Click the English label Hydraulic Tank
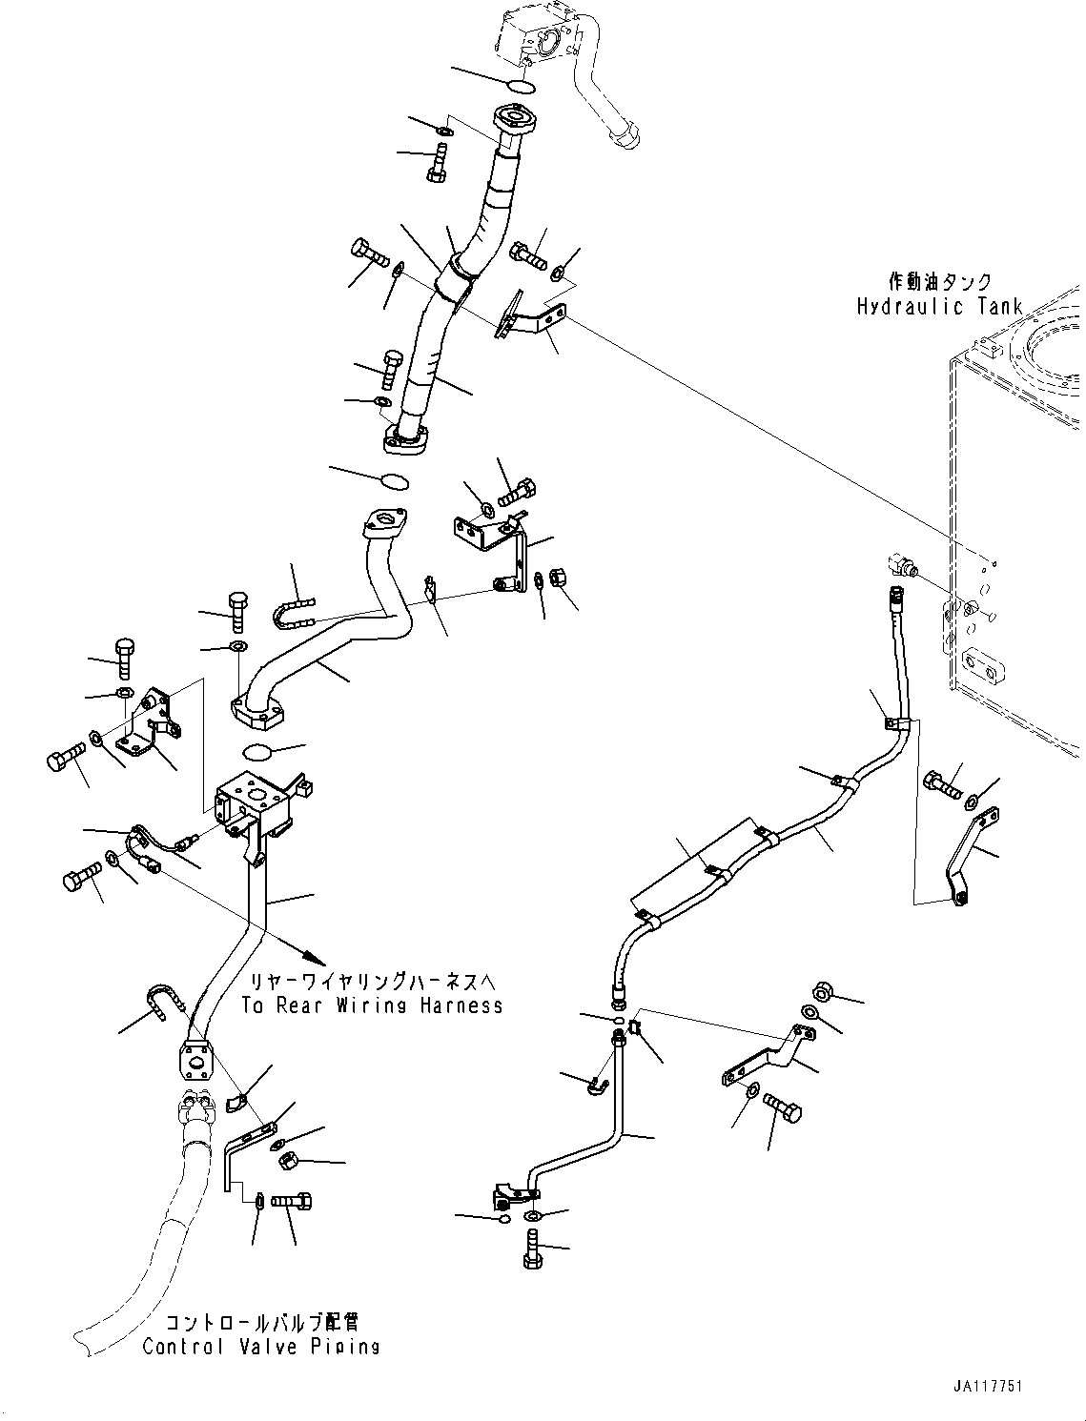pos(939,306)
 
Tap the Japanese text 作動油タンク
pos(939,282)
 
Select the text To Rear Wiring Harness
pos(372,1005)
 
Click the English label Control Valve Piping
pos(261,1346)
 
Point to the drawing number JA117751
pos(986,1386)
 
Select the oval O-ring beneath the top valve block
pos(521,87)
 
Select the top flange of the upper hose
pos(516,121)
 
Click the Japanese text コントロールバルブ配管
pos(261,1323)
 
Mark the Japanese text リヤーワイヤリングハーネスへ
pos(372,982)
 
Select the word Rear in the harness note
pos(302,1005)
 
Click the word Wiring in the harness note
pos(374,1005)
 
